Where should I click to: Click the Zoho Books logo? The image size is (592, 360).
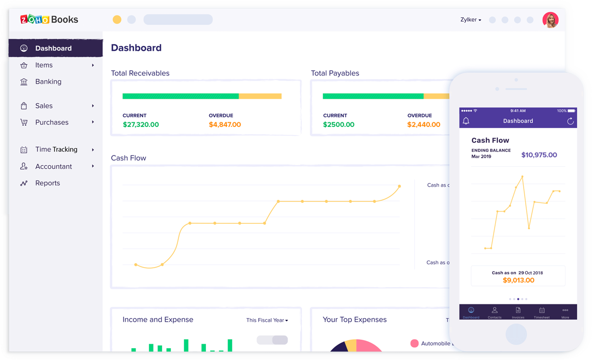49,20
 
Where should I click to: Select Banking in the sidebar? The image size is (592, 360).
48,82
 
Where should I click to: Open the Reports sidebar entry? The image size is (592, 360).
47,183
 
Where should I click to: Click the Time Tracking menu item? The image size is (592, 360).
56,149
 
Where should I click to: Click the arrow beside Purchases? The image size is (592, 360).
93,122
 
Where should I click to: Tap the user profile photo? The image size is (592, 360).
550,20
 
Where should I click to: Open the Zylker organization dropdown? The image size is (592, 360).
471,20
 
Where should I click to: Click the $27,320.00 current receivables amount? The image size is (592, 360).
141,124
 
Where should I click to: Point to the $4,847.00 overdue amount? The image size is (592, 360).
224,124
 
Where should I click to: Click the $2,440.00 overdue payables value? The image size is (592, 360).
424,124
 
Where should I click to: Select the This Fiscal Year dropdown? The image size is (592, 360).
267,320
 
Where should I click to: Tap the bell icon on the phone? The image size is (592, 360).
466,121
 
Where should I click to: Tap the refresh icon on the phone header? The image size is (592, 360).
570,121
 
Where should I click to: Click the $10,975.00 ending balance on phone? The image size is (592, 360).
539,155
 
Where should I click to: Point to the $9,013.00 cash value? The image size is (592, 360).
518,280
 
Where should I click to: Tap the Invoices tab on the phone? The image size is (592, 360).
518,313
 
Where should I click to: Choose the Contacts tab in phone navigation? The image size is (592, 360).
494,313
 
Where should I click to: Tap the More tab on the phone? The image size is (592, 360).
565,313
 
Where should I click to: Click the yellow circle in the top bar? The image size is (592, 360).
117,19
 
